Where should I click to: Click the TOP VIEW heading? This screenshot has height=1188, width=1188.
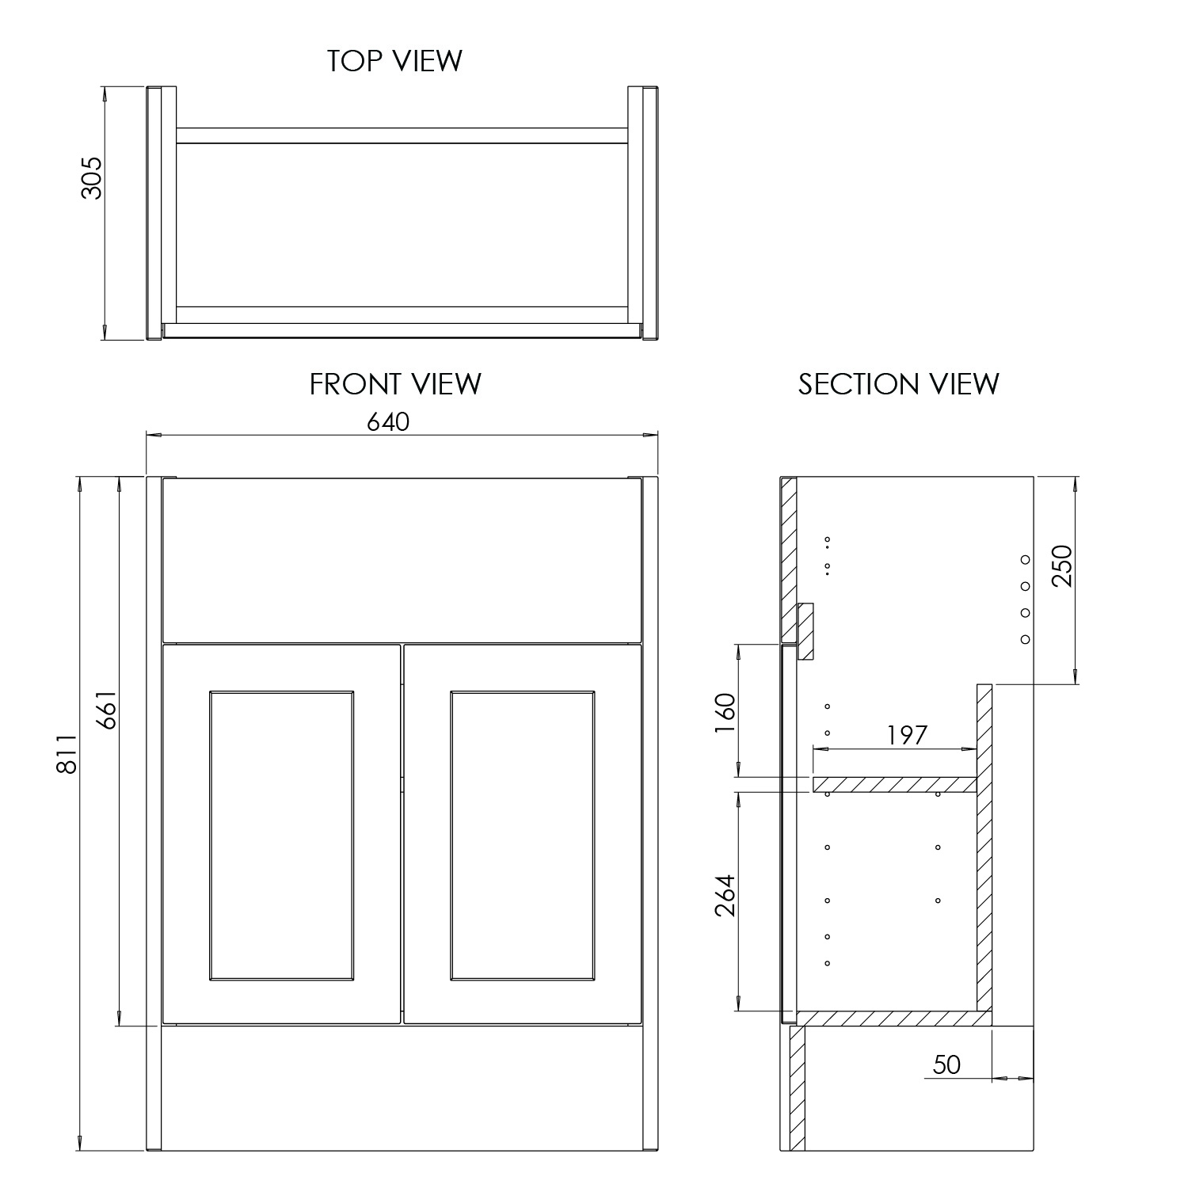tap(395, 61)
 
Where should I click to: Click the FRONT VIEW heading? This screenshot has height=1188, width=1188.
tap(395, 384)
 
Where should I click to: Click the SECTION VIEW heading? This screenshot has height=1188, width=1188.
tap(898, 384)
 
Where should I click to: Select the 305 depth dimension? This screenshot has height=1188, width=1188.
tap(92, 177)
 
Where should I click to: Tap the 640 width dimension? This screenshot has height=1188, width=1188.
tap(388, 422)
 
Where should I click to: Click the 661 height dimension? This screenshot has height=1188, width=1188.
tap(106, 710)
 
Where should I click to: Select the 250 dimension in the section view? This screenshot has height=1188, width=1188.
tap(1060, 565)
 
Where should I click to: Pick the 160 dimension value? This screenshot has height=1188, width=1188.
tap(725, 713)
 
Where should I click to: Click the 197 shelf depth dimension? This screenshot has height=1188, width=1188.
tap(906, 735)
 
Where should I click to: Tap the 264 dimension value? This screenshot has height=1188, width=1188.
tap(725, 895)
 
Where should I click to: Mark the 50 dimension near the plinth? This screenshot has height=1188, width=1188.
tap(946, 1064)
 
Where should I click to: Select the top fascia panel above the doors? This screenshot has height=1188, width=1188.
tap(401, 559)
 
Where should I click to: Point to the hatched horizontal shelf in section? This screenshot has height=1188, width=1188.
tap(894, 784)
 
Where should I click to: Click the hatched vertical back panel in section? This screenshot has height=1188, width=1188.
tap(984, 847)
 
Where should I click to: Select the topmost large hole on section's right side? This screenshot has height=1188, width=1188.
tap(1025, 559)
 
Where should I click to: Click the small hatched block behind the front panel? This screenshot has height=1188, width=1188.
tap(805, 631)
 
